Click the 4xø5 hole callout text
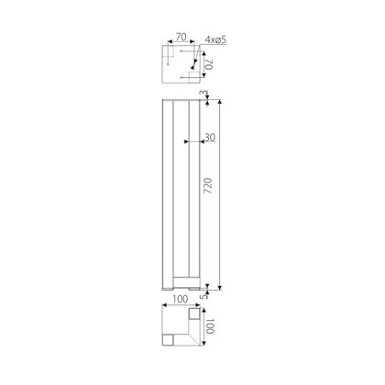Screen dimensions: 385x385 (215, 39)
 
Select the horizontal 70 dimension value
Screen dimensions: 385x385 (181, 37)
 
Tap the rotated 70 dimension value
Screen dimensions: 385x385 (209, 65)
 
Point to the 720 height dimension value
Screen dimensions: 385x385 (207, 185)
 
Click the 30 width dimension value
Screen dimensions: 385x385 (210, 137)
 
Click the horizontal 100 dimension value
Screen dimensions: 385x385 (181, 299)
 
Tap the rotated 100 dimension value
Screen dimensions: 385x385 (211, 326)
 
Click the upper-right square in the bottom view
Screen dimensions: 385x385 (194, 313)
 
